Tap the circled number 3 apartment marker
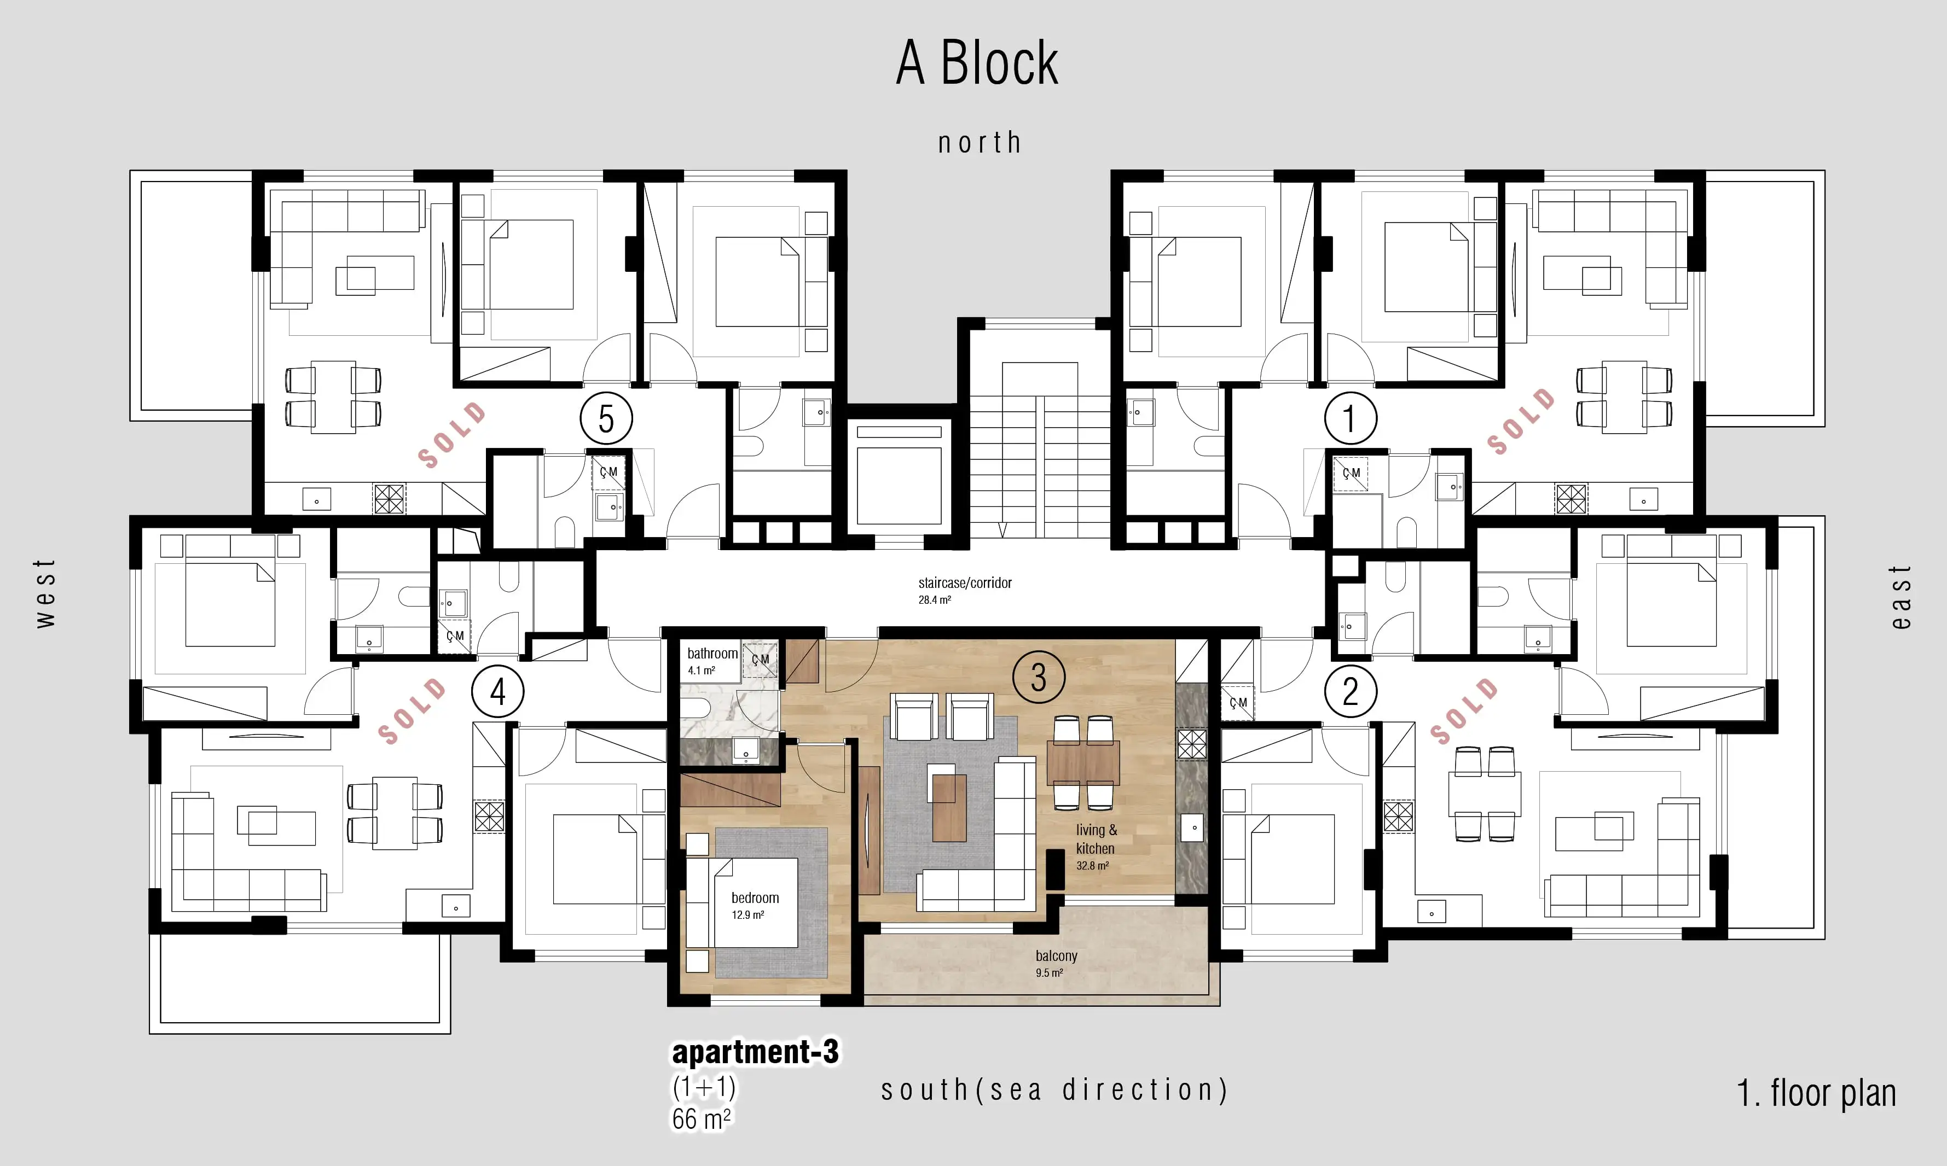point(1039,677)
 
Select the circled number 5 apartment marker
point(606,419)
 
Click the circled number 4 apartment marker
point(497,691)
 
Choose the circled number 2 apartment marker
point(1351,691)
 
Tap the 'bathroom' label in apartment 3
point(712,653)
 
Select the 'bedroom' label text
point(755,897)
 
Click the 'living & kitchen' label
point(1095,839)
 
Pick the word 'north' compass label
point(980,142)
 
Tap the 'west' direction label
point(45,593)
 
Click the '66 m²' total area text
point(701,1118)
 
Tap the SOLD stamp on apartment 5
point(452,434)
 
